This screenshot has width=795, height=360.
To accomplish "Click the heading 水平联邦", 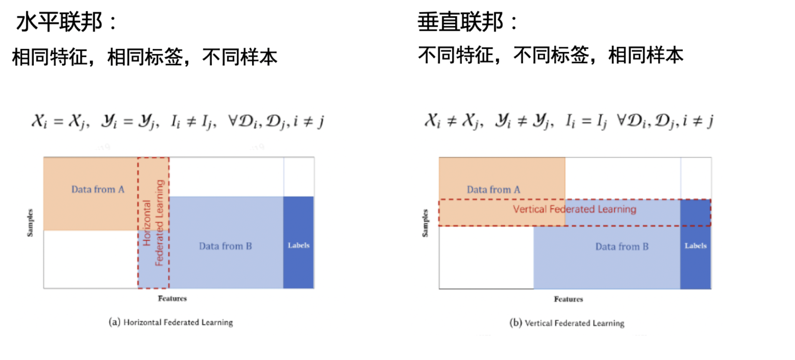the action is coord(59,22).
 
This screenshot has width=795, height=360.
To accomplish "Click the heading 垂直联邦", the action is coord(461,22).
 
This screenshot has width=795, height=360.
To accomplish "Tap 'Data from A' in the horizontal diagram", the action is coord(98,189).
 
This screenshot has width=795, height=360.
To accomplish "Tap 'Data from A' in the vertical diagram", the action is coord(493,190).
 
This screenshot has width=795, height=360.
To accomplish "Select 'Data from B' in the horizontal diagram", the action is coord(225,246).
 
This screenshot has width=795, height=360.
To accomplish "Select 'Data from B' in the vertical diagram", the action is coord(622,246).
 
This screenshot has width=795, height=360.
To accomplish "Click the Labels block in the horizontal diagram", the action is coord(299,245).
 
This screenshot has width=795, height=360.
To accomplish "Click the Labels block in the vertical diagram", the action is coord(695,246).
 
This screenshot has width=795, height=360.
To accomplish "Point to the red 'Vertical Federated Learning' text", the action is coord(575,209).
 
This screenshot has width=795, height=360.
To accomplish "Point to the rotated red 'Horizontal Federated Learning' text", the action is coord(153,223).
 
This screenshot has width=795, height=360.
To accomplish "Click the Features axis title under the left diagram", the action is coord(172,298).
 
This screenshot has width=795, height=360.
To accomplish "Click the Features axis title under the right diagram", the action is coord(568,299).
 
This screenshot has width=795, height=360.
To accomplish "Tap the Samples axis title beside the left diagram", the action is coord(30,223).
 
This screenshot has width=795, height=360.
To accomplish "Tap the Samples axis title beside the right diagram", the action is coord(425,223).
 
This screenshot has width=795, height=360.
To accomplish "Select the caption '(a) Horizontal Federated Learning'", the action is coord(171,322).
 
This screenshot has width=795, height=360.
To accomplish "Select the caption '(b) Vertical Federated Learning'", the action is coord(567,323).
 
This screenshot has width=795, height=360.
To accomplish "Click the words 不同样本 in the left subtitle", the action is coord(240,57).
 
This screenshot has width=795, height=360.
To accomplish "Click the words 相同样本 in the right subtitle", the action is coord(646,55).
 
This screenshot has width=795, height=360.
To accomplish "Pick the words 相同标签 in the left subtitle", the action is coord(145,57).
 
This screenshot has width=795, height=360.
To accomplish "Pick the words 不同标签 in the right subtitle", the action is coord(551,55).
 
